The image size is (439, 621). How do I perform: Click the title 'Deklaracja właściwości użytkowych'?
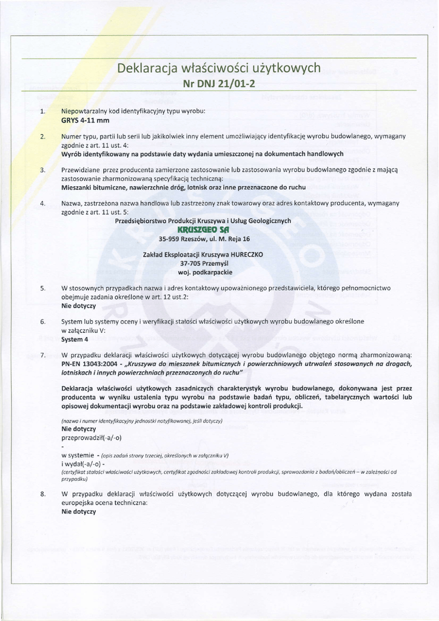219,68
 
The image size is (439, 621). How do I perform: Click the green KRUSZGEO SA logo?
203,230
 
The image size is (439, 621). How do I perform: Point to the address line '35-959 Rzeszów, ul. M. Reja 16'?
204,239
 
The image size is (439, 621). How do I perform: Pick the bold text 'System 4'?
75,339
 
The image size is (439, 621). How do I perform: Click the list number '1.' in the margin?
42,112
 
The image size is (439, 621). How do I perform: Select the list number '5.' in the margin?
42,288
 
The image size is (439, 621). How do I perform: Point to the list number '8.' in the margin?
42,494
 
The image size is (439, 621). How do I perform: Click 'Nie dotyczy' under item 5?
79,306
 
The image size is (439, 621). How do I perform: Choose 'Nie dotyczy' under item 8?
79,512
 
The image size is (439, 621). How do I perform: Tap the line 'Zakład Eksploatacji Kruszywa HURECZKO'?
203,255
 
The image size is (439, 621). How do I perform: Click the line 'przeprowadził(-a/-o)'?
92,437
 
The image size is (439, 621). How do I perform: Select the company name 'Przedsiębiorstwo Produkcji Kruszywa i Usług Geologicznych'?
203,221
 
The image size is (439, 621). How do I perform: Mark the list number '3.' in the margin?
42,170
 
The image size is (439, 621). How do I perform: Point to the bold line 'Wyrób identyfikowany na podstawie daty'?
203,154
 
